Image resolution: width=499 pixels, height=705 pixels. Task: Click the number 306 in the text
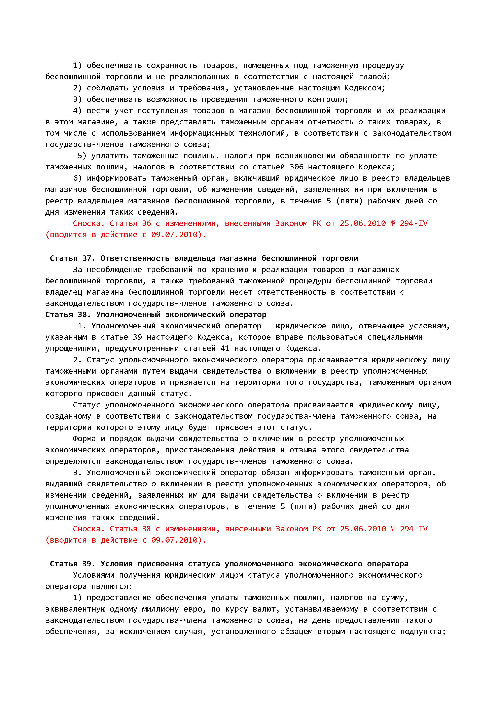click(x=296, y=167)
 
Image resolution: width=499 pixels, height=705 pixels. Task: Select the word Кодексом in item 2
click(x=364, y=88)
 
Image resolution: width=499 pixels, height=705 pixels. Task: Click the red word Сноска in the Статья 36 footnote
click(x=89, y=223)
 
